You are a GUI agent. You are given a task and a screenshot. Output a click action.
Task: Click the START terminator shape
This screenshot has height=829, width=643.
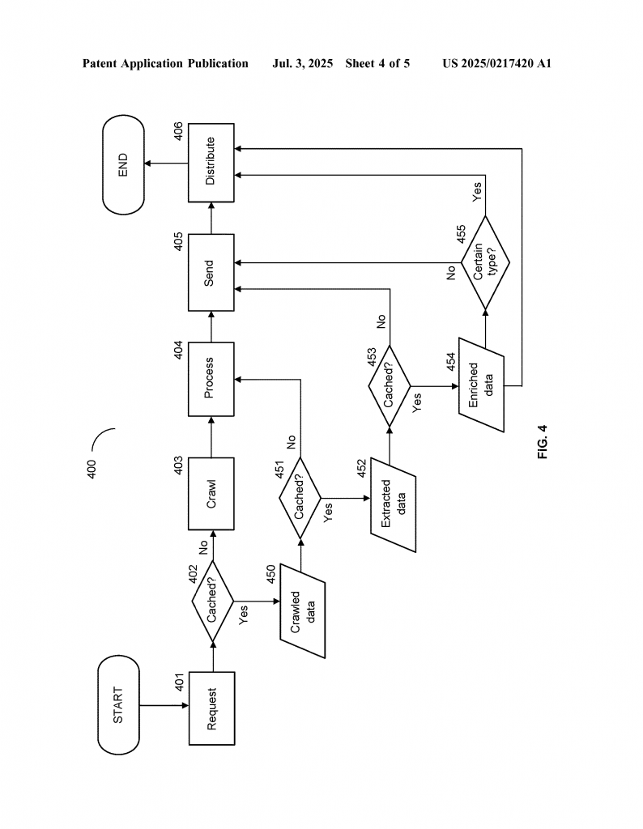[118, 705]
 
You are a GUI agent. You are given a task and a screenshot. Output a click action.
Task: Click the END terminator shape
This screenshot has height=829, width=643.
[123, 164]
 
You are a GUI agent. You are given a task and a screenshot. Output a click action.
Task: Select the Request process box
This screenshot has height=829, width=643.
[211, 708]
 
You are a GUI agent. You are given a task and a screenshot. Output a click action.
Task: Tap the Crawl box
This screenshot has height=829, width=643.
[211, 494]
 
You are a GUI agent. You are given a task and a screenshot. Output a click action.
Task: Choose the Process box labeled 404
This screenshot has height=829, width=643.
[211, 379]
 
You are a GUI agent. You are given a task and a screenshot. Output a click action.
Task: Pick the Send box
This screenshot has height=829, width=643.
[211, 273]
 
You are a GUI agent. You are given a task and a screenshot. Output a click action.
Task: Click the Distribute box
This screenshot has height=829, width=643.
[211, 163]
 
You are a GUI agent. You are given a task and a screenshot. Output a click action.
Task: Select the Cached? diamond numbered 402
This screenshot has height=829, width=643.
[212, 602]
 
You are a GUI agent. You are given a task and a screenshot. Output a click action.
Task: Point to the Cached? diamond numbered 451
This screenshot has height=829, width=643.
[300, 498]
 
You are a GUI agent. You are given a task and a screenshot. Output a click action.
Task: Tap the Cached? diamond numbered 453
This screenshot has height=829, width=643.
[390, 386]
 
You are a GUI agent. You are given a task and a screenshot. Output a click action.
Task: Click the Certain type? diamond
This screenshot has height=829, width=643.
[485, 262]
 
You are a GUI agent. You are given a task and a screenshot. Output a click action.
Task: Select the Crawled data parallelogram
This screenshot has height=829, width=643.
[302, 611]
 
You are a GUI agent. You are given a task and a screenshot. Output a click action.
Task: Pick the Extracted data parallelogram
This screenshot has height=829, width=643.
[393, 505]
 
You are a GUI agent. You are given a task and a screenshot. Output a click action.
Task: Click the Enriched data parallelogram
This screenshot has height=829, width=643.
[481, 385]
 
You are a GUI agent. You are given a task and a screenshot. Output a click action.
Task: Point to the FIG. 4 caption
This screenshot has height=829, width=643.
[543, 442]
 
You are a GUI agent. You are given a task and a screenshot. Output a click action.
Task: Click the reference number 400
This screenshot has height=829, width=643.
[92, 470]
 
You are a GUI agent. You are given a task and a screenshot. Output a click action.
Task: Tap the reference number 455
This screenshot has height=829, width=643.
[461, 234]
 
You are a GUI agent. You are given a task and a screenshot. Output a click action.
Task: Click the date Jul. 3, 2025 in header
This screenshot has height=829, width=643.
[302, 64]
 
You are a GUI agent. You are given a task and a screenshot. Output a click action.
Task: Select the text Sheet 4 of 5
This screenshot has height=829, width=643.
[377, 64]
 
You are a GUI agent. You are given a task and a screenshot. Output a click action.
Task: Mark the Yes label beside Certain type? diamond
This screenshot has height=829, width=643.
[477, 192]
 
